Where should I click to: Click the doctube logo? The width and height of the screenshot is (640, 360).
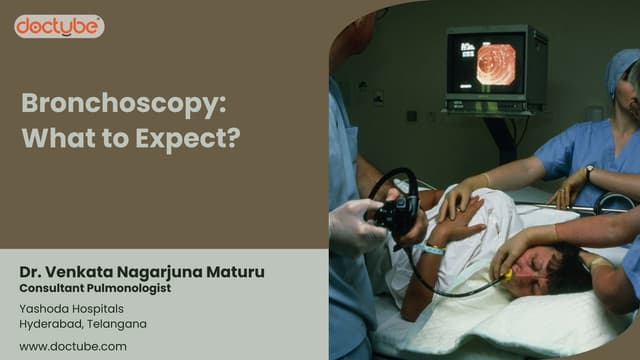tap(59, 27)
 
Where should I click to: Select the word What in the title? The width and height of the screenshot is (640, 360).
tap(55, 137)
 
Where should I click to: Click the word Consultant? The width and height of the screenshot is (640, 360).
tap(52, 288)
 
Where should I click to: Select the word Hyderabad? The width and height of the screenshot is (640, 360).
tap(54, 324)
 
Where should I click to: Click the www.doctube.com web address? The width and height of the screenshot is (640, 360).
tap(73, 346)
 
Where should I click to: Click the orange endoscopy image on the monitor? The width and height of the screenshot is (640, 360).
tap(496, 63)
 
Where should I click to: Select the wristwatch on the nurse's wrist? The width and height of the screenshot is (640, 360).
tap(590, 173)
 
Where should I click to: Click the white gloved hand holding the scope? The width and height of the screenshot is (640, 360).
tap(355, 225)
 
